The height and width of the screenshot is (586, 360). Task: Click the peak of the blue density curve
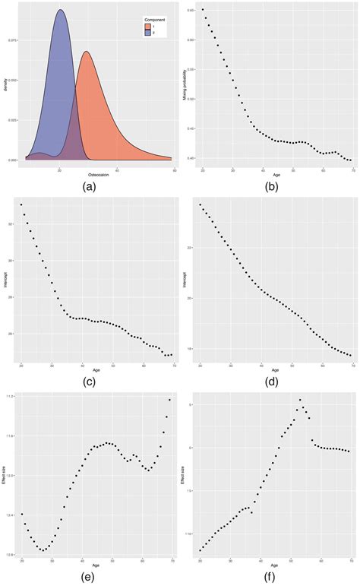tap(60, 10)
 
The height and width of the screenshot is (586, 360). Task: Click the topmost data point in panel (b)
tap(203, 10)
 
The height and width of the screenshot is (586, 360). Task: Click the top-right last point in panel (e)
tap(170, 400)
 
